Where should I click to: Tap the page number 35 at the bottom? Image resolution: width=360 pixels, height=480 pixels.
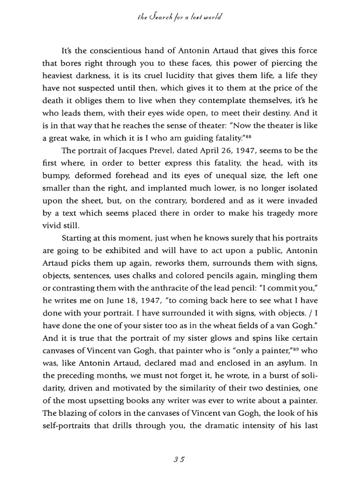tap(180, 459)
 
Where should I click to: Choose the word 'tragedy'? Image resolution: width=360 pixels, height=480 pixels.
tap(274, 212)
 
